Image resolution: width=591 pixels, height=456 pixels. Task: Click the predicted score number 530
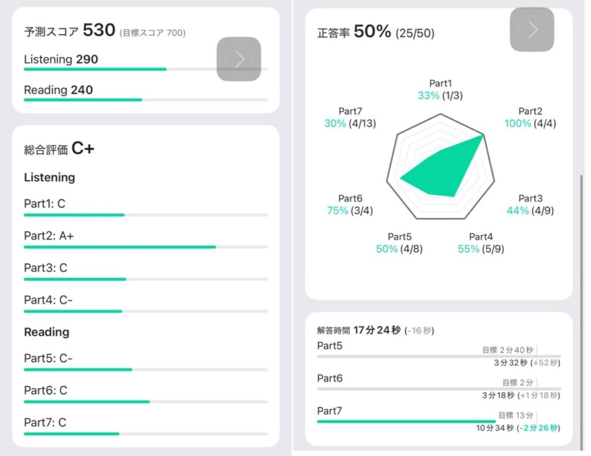tap(99, 31)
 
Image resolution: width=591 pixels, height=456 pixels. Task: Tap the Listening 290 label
tap(61, 59)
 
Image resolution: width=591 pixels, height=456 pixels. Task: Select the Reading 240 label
tap(58, 90)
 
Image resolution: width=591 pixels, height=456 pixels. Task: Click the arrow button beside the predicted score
tap(238, 59)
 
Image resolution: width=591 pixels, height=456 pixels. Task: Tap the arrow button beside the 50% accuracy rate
tap(532, 29)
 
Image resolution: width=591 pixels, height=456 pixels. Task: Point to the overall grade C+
tap(83, 149)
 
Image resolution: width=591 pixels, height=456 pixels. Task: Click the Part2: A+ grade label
tap(48, 236)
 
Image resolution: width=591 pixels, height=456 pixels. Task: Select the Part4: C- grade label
tap(48, 300)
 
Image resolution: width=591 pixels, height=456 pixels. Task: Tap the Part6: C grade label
tap(46, 390)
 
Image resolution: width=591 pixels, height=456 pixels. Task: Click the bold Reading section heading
tap(46, 332)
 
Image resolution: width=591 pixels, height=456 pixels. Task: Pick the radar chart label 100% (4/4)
tap(530, 123)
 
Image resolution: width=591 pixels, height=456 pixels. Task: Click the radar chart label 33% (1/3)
tap(440, 96)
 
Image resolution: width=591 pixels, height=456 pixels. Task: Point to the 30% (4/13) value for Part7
tap(350, 123)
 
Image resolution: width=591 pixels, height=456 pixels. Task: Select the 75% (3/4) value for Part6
tap(350, 210)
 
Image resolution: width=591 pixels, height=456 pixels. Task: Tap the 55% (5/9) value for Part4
tap(480, 248)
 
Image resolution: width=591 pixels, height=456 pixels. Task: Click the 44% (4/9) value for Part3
tap(530, 210)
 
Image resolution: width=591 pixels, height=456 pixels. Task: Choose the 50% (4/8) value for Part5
tap(399, 248)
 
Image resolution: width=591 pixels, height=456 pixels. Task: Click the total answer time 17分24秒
tap(377, 330)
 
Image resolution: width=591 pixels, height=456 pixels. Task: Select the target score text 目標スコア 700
tap(152, 33)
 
